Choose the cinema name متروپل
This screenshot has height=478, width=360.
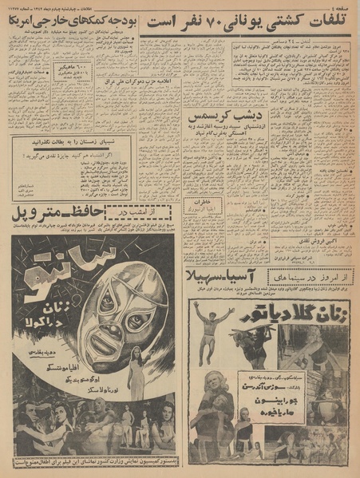click(33, 214)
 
